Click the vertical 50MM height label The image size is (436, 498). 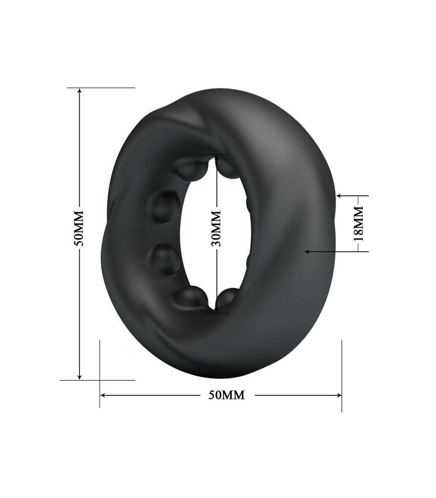point(79,228)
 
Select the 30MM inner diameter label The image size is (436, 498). point(216,229)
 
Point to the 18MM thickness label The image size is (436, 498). point(358,224)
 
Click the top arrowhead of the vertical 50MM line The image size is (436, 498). point(80,90)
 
